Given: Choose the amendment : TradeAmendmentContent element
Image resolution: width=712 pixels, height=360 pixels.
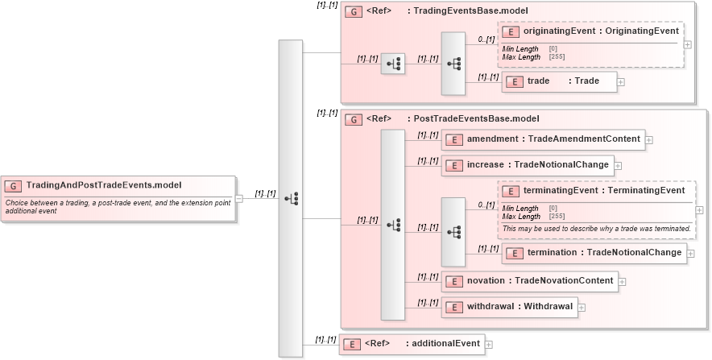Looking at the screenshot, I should tap(544, 139).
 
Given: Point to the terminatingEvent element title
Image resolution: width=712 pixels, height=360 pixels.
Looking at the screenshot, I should tap(603, 191).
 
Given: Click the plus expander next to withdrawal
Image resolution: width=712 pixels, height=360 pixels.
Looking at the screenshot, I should tap(582, 307).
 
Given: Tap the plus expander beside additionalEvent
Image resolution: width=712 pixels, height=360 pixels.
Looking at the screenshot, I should tap(488, 345).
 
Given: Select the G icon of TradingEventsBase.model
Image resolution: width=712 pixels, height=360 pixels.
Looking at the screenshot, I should tap(352, 12).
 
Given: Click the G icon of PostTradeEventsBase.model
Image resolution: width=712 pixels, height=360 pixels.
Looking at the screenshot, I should tap(352, 119).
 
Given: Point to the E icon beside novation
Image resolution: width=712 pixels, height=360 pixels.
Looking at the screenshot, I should tap(453, 281).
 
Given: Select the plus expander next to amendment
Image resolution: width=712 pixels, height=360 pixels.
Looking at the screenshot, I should tap(649, 140).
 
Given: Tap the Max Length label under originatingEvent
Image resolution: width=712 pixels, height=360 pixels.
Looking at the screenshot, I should tap(521, 57).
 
